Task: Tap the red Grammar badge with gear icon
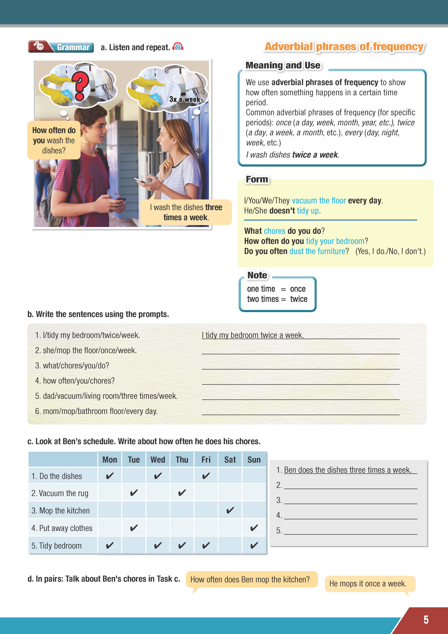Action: pos(61,47)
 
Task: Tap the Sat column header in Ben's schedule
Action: pos(230,460)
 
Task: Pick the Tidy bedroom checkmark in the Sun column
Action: pos(254,545)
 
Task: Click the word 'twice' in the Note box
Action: pos(299,299)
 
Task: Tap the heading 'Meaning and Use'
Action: pos(283,65)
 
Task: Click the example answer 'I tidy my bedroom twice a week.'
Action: pos(253,335)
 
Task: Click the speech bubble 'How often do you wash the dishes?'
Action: pos(54,140)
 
